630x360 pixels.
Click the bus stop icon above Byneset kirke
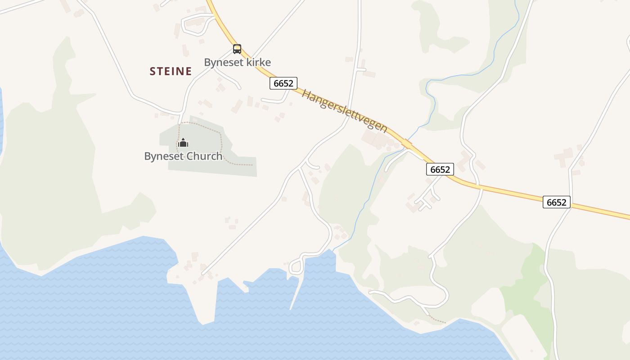237,49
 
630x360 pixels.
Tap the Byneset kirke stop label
237,62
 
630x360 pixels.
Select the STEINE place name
171,71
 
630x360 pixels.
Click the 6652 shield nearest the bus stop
283,83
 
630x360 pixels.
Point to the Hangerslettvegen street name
344,111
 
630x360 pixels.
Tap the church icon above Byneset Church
183,143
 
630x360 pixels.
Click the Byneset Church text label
183,156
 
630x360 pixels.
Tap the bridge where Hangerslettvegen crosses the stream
407,144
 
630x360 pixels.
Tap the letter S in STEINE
153,71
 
